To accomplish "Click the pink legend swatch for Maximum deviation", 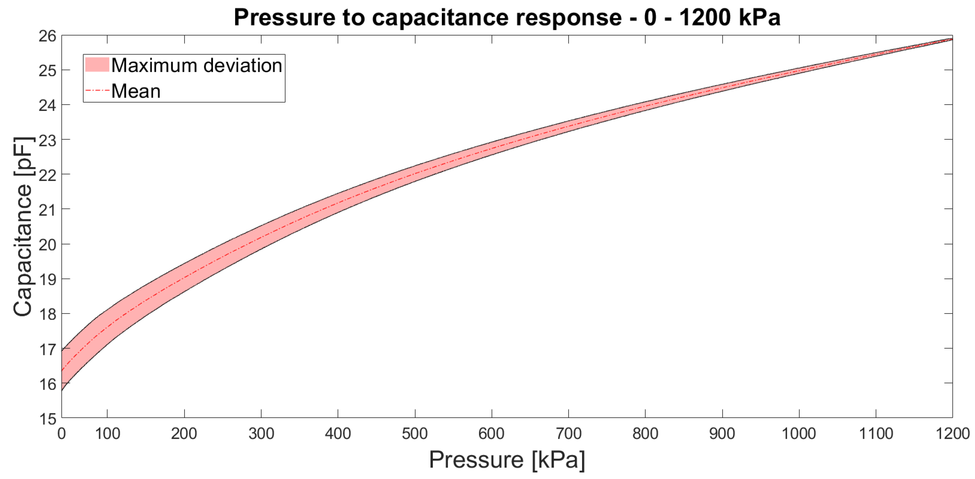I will [x=97, y=65].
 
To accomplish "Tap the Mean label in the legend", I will [x=135, y=91].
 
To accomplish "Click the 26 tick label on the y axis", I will [x=47, y=36].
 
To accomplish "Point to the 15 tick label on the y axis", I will [x=47, y=418].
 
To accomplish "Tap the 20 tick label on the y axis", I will [x=47, y=245].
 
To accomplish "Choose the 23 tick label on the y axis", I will [x=47, y=141].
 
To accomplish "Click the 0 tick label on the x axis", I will [x=61, y=434].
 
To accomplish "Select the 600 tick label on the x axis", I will [x=491, y=434].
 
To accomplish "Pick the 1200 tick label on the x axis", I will [x=952, y=434].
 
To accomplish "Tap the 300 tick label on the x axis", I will [x=261, y=434].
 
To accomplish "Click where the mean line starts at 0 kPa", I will [x=62, y=370].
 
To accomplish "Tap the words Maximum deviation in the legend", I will [x=196, y=66].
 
